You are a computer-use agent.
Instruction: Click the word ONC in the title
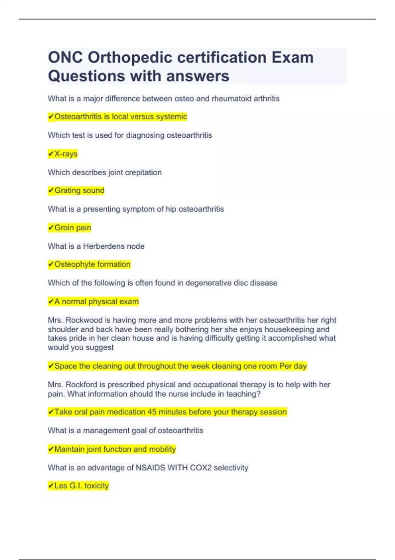65,58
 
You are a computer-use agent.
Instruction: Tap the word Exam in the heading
292,58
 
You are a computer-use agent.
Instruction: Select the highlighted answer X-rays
66,154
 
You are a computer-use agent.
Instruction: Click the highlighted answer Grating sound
79,190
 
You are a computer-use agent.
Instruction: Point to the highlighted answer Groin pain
72,228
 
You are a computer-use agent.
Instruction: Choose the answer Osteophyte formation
92,264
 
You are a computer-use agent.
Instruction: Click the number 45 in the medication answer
152,412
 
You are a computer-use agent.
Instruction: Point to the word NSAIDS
150,467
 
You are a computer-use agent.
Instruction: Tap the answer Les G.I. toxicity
81,486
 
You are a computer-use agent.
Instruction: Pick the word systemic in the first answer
173,117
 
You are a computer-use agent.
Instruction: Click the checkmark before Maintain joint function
51,449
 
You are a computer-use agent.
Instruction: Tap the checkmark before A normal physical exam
51,301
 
